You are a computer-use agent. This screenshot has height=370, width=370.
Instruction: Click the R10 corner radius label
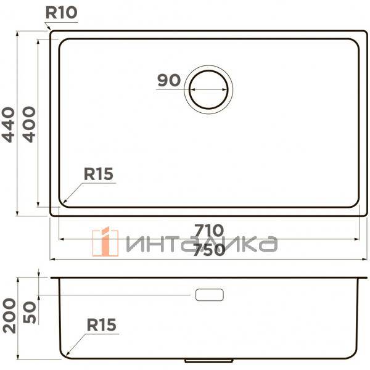tap(61, 12)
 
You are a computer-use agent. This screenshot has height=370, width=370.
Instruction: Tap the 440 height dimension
tap(9, 125)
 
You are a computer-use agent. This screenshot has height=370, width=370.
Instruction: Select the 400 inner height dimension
tap(29, 125)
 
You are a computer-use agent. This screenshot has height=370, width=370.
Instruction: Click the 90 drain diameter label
tap(169, 80)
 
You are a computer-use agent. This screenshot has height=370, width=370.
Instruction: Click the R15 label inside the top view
tap(99, 174)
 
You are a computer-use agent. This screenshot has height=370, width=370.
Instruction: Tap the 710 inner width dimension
tap(209, 230)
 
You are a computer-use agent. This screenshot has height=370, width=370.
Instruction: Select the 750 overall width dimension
tap(209, 250)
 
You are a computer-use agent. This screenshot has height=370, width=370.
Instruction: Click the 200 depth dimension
tap(9, 316)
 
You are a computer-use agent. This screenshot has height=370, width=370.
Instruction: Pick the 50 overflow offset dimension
tap(30, 312)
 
